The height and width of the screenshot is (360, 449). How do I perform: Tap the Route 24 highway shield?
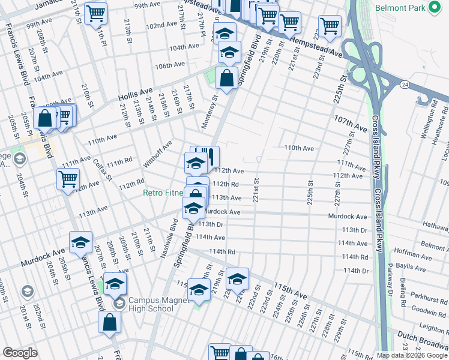(x=406, y=85)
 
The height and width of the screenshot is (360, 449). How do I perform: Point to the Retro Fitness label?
(x=162, y=193)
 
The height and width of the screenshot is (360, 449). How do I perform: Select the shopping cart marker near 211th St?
(x=95, y=13)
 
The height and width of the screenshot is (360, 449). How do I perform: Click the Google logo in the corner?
(x=20, y=352)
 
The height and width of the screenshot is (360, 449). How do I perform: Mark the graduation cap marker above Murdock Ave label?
(x=80, y=242)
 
